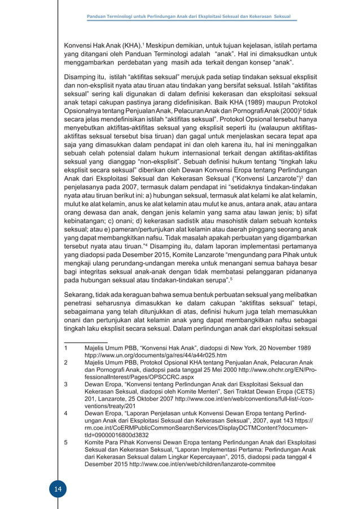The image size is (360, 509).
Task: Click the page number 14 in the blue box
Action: coord(56,489)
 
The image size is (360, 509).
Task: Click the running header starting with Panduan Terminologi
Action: coord(188,17)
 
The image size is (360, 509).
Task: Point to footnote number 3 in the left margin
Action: coord(66,384)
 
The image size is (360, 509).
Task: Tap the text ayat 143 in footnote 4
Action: coord(282,421)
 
